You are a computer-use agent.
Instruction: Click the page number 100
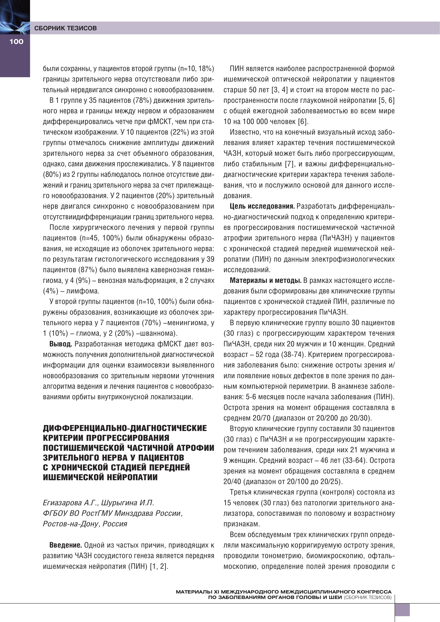pyautogui.click(x=16, y=41)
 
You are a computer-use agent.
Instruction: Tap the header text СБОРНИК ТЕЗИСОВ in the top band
pyautogui.click(x=65, y=28)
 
